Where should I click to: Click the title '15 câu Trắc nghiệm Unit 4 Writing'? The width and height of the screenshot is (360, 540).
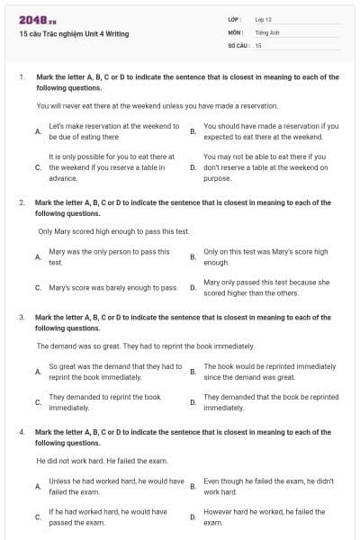(x=74, y=33)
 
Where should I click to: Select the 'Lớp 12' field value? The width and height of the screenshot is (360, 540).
(x=263, y=18)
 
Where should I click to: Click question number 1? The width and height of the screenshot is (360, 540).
(x=21, y=77)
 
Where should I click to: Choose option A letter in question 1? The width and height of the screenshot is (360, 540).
(x=37, y=131)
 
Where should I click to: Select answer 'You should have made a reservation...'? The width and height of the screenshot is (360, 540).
(x=271, y=131)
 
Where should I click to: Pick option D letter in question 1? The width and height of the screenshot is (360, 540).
(x=193, y=167)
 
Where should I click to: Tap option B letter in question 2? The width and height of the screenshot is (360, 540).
(x=193, y=257)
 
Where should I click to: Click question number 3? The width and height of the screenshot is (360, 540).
(x=21, y=318)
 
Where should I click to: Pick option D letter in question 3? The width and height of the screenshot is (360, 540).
(x=193, y=402)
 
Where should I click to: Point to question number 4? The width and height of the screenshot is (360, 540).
(x=21, y=432)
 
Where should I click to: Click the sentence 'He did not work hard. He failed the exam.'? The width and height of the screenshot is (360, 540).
(x=98, y=460)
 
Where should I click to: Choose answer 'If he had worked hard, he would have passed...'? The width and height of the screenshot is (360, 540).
(x=107, y=517)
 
